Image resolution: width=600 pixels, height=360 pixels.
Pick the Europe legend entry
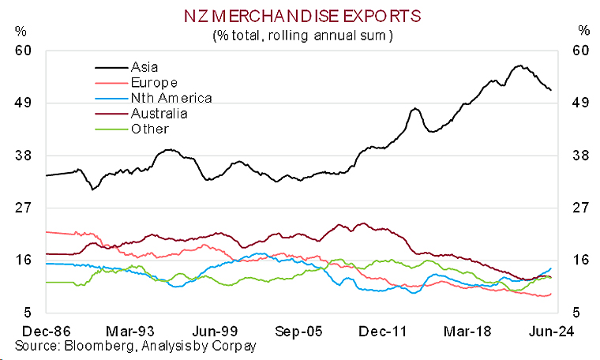pyautogui.click(x=153, y=83)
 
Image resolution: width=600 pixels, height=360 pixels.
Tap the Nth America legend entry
pyautogui.click(x=171, y=98)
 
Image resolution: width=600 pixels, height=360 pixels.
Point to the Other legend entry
pyautogui.click(x=149, y=128)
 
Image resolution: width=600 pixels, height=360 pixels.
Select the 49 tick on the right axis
pyautogui.click(x=580, y=103)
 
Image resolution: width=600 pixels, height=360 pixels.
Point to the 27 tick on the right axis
pyautogui.click(x=580, y=208)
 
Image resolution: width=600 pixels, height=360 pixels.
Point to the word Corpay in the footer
pyautogui.click(x=236, y=346)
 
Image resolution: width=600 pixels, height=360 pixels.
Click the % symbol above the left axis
pyautogui.click(x=21, y=32)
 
